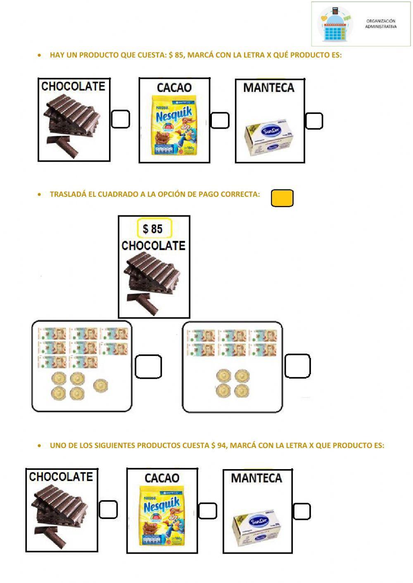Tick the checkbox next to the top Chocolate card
click(121, 119)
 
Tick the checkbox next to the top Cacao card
click(220, 120)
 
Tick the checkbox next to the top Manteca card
click(314, 121)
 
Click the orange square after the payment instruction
click(282, 198)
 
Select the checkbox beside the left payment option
click(148, 366)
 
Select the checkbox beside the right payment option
click(297, 366)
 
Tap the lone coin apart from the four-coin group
click(101, 386)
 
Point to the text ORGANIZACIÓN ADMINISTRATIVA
click(380, 24)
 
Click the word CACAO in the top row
click(174, 87)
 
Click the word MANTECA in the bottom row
click(256, 478)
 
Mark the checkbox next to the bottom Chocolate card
click(108, 510)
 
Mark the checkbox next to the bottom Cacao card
click(207, 511)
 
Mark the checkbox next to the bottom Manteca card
click(301, 511)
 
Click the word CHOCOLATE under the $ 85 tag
click(153, 246)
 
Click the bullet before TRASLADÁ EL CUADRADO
click(39, 194)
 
